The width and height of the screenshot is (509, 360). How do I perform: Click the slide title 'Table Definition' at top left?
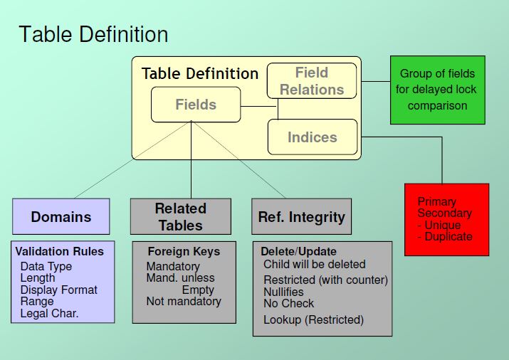pos(93,34)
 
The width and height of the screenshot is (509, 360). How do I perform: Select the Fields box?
pos(196,105)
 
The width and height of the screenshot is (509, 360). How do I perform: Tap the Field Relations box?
pos(312,81)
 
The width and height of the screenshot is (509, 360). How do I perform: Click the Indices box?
pos(312,137)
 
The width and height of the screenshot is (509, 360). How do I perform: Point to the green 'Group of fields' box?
pos(437,90)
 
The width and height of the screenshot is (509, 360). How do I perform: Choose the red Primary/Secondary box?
pos(446,218)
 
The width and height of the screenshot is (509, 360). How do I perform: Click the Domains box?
pos(61,216)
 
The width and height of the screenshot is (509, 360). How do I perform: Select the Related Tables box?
pos(181,216)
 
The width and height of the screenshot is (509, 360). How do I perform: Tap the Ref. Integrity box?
pos(301,216)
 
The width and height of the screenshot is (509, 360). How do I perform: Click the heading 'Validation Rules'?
pos(60,251)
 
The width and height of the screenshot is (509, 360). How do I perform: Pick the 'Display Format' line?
pos(59,290)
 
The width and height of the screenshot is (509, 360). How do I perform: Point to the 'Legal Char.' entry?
pos(49,312)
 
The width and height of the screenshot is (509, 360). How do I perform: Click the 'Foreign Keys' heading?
pos(184,251)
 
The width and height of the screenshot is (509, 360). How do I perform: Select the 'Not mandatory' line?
pos(184,301)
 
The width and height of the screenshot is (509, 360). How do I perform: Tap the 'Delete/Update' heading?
pos(298,251)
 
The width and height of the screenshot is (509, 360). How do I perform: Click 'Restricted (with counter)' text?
pos(325,280)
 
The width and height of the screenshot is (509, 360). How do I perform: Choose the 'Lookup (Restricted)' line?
pos(313,319)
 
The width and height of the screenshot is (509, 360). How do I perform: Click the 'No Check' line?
pos(288,303)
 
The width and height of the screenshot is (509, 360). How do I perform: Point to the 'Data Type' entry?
pos(46,267)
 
